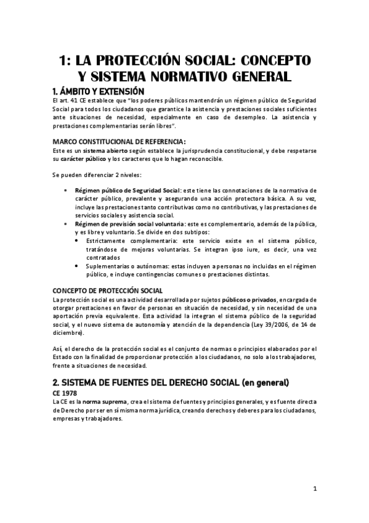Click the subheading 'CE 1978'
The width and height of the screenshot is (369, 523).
pyautogui.click(x=67, y=392)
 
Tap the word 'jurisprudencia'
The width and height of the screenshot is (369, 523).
pyautogui.click(x=196, y=150)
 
